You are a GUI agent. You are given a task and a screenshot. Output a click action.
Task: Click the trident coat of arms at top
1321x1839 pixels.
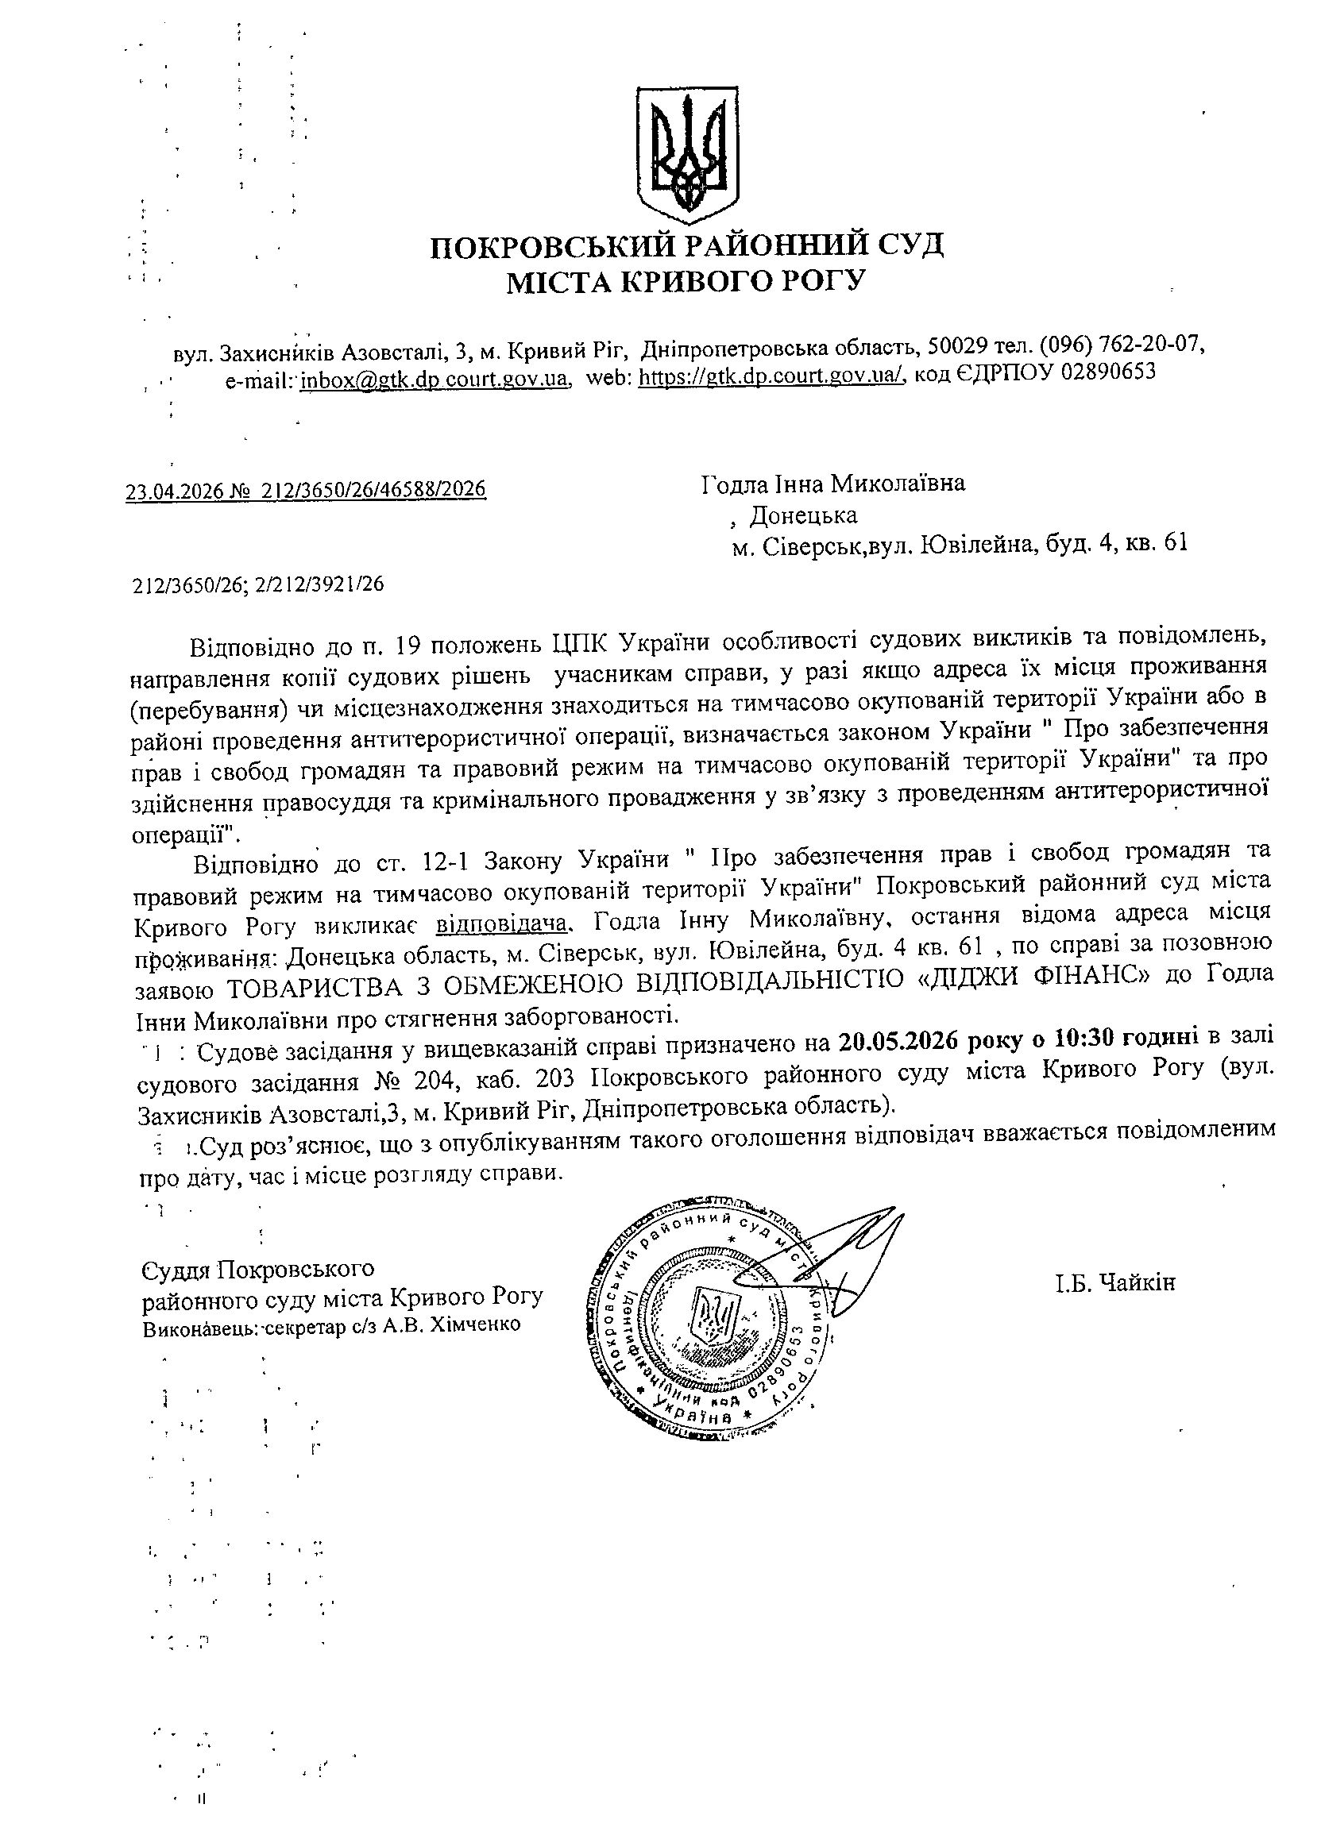[x=686, y=154]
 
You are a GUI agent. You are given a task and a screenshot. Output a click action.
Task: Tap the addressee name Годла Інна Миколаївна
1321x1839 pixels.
[x=833, y=484]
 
